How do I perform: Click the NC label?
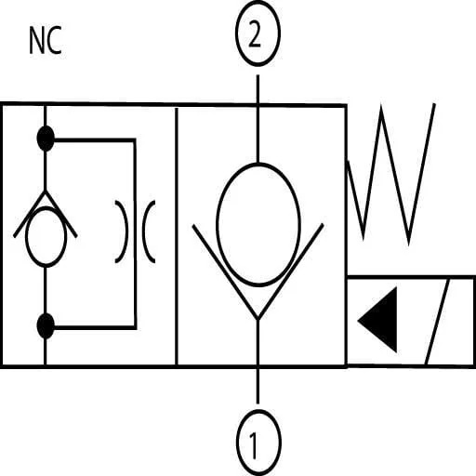(46, 40)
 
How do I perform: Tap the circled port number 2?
(258, 33)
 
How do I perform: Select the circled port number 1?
(258, 443)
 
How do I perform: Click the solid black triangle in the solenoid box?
(377, 320)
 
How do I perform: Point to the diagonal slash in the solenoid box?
(438, 323)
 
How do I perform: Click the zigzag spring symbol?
(391, 175)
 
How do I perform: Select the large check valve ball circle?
(258, 224)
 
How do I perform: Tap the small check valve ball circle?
(46, 237)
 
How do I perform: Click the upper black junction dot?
(46, 139)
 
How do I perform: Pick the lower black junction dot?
(46, 325)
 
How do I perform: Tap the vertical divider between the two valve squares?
(177, 236)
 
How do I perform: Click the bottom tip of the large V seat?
(258, 319)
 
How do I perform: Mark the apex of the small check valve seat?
(46, 192)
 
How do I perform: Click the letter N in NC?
(36, 40)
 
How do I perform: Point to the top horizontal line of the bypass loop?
(95, 140)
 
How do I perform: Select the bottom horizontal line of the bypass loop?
(95, 327)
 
